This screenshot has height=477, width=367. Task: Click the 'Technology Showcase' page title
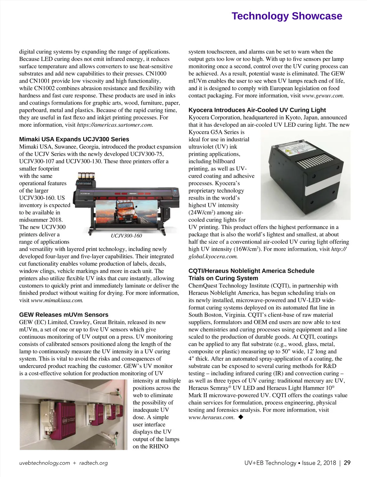287,16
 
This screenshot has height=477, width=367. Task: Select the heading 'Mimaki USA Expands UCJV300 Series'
74,139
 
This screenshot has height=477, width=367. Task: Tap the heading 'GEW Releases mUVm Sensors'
64,315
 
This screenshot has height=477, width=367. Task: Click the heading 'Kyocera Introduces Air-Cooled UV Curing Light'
257,110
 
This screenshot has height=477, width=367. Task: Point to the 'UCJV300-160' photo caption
126,236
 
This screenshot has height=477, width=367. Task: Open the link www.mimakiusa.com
57,300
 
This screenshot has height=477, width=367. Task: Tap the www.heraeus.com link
211,417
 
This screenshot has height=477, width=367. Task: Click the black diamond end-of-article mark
241,417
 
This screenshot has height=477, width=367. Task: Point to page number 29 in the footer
347,463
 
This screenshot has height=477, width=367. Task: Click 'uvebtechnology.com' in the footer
45,463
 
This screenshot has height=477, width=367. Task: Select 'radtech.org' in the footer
94,463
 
